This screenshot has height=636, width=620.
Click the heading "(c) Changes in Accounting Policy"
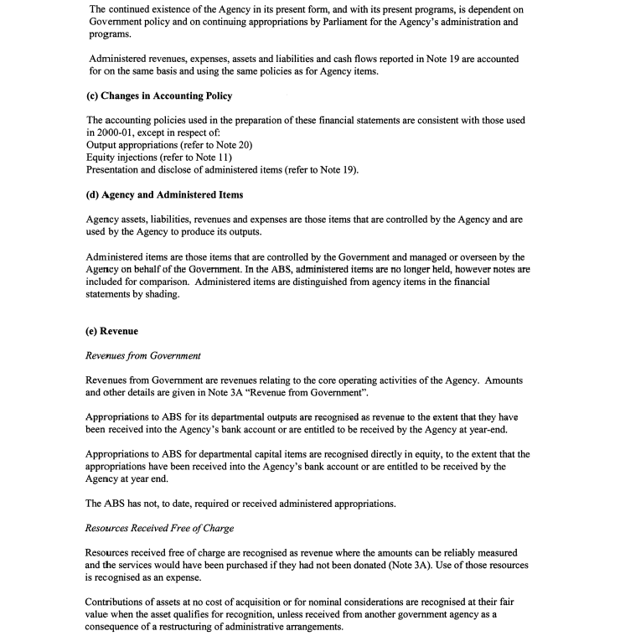pyautogui.click(x=159, y=96)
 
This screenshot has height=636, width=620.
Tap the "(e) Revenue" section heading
pyautogui.click(x=112, y=331)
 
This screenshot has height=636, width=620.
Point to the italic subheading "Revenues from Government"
pyautogui.click(x=143, y=355)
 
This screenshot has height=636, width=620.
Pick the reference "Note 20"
pyautogui.click(x=234, y=145)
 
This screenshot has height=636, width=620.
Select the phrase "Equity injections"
pyautogui.click(x=119, y=158)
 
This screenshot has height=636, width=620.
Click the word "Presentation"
pyautogui.click(x=115, y=170)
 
